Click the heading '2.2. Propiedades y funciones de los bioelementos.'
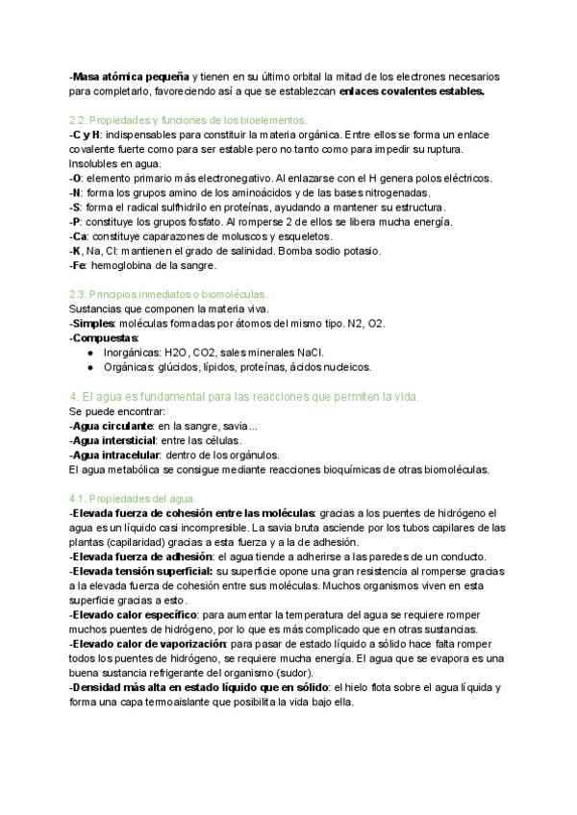pyautogui.click(x=188, y=120)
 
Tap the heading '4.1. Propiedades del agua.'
pyautogui.click(x=133, y=499)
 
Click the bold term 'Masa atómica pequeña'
pyautogui.click(x=131, y=76)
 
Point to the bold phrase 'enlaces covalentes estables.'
pyautogui.click(x=413, y=91)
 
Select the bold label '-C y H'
pyautogui.click(x=86, y=135)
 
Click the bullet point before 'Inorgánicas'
pyautogui.click(x=89, y=352)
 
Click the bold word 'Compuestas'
pyautogui.click(x=105, y=337)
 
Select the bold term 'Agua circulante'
pyautogui.click(x=113, y=426)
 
